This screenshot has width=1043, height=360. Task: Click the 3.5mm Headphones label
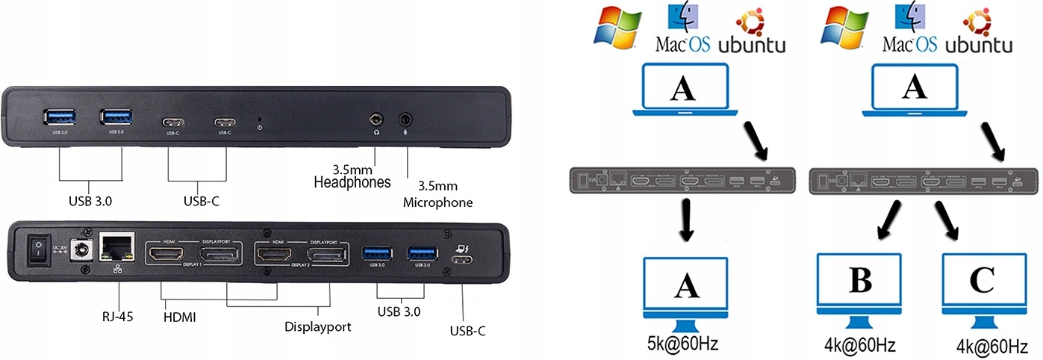[x=352, y=176]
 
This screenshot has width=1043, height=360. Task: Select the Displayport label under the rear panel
[x=317, y=326]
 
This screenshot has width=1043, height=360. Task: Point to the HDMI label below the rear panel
[x=179, y=317]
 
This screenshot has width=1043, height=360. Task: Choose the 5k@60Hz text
[x=682, y=345]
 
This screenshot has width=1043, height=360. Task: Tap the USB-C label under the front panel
[x=198, y=202]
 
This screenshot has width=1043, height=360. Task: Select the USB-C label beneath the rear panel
[x=467, y=330]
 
